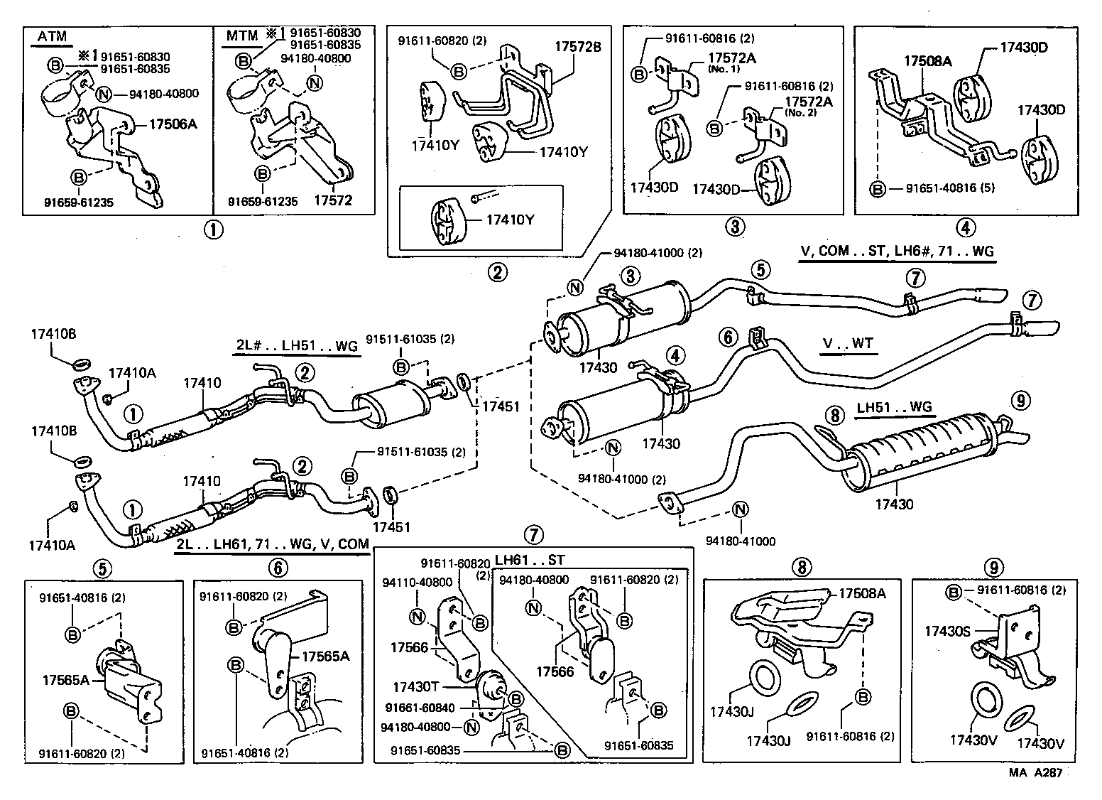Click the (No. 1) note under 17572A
(x=724, y=69)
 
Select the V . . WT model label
(x=848, y=344)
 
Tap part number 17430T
(x=418, y=687)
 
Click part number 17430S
(x=948, y=630)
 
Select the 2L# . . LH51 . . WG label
(x=296, y=346)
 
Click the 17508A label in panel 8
(x=863, y=593)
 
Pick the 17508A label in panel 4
(x=927, y=62)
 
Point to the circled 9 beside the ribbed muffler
(x=1020, y=401)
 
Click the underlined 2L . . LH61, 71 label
(x=272, y=544)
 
